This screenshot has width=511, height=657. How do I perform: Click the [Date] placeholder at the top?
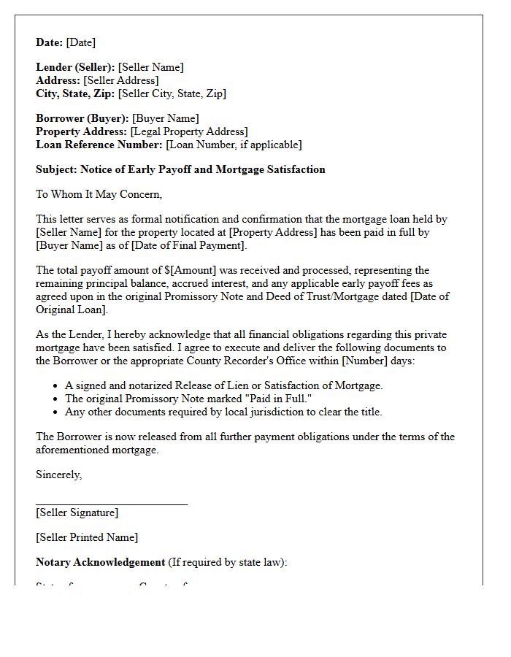pyautogui.click(x=80, y=43)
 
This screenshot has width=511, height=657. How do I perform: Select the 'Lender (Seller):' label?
pyautogui.click(x=75, y=68)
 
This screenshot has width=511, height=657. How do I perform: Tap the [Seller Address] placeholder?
pyautogui.click(x=120, y=81)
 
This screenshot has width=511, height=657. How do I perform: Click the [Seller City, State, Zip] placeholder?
pyautogui.click(x=172, y=94)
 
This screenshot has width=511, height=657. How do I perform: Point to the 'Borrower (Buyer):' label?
pyautogui.click(x=82, y=119)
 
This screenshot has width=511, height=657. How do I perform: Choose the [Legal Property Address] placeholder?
pyautogui.click(x=189, y=132)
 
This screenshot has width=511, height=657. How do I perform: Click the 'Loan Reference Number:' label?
pyautogui.click(x=99, y=145)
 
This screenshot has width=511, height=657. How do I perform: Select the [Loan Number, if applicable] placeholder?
pyautogui.click(x=234, y=145)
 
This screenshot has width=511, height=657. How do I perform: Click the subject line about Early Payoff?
pyautogui.click(x=180, y=170)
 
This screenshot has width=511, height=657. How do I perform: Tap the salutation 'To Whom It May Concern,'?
pyautogui.click(x=99, y=195)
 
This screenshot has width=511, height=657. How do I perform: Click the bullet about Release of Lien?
pyautogui.click(x=223, y=386)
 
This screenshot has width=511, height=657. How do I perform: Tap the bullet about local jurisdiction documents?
pyautogui.click(x=223, y=412)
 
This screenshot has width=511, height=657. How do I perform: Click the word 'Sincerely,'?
pyautogui.click(x=59, y=475)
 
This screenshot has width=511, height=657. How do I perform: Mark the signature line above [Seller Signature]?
pyautogui.click(x=112, y=504)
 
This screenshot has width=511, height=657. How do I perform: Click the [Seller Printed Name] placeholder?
pyautogui.click(x=87, y=538)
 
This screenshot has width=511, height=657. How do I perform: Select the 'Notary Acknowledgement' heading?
pyautogui.click(x=101, y=563)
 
